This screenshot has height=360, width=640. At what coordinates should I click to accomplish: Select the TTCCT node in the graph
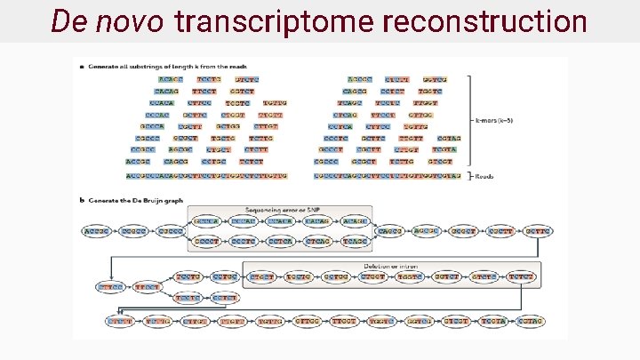click(x=148, y=287)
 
